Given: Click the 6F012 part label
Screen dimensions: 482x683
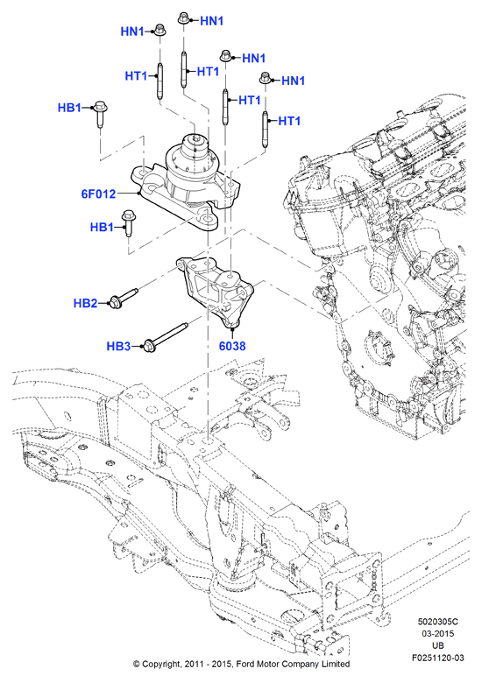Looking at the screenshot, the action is click(x=98, y=194).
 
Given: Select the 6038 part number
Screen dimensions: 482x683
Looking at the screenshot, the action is click(x=232, y=346).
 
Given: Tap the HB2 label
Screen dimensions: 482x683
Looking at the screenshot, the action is click(x=85, y=303).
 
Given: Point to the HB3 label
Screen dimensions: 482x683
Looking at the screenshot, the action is click(x=118, y=346).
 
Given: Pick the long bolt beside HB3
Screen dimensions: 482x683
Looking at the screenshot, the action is click(x=165, y=336).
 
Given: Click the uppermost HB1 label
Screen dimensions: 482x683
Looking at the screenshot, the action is click(x=69, y=108).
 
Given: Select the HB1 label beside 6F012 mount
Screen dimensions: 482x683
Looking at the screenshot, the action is click(x=102, y=227).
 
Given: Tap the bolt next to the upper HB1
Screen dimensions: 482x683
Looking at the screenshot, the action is click(x=101, y=115).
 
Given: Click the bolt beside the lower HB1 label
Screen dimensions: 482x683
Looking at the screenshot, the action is click(x=128, y=223).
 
